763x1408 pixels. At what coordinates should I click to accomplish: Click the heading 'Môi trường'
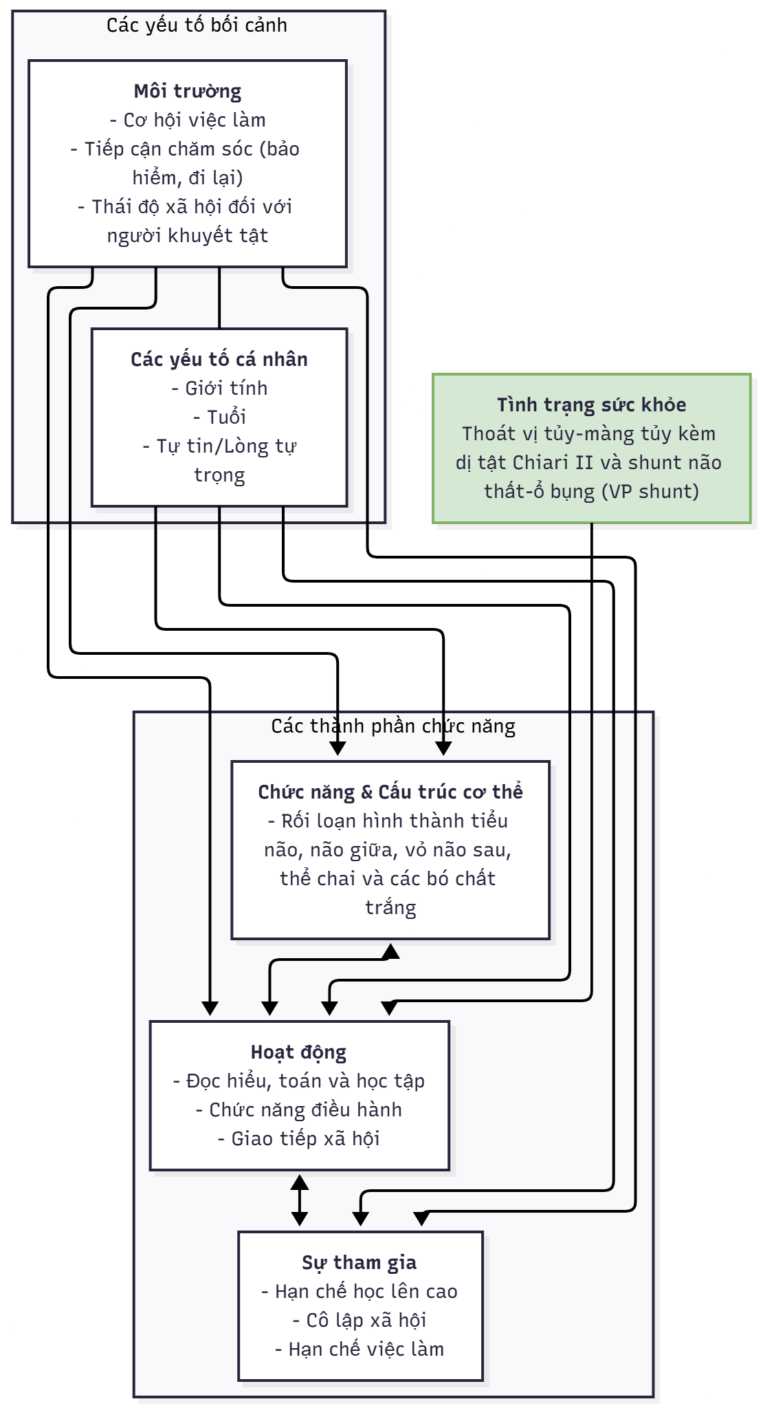(x=188, y=91)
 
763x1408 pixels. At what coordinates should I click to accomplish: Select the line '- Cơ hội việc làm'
(x=188, y=120)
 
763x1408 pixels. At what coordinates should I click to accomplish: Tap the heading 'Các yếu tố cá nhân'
(x=219, y=360)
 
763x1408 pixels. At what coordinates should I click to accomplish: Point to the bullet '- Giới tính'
(x=219, y=389)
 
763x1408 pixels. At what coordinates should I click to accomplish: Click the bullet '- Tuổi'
(x=219, y=418)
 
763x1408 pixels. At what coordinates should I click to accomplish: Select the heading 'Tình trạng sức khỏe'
(x=591, y=405)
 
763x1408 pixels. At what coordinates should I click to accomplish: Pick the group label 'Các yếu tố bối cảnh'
(x=197, y=25)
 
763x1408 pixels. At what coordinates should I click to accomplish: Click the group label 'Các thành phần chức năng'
(x=392, y=726)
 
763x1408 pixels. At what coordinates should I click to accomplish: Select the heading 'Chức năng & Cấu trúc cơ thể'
(x=390, y=792)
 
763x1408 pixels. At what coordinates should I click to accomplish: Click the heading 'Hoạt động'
(x=298, y=1052)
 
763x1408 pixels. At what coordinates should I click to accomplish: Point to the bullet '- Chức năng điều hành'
(x=298, y=1110)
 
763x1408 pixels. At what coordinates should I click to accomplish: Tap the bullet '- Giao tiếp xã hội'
(x=298, y=1139)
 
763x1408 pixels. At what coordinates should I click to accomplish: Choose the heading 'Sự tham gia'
(x=360, y=1263)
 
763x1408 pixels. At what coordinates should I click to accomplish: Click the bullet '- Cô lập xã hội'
(x=360, y=1321)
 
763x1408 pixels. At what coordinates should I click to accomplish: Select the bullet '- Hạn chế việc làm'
(x=360, y=1350)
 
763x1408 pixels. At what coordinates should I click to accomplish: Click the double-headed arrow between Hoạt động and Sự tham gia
(x=299, y=1200)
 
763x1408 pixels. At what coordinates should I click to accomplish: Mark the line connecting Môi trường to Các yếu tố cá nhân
(x=219, y=298)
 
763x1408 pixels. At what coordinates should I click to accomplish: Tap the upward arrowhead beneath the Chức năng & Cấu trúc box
(x=390, y=951)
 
